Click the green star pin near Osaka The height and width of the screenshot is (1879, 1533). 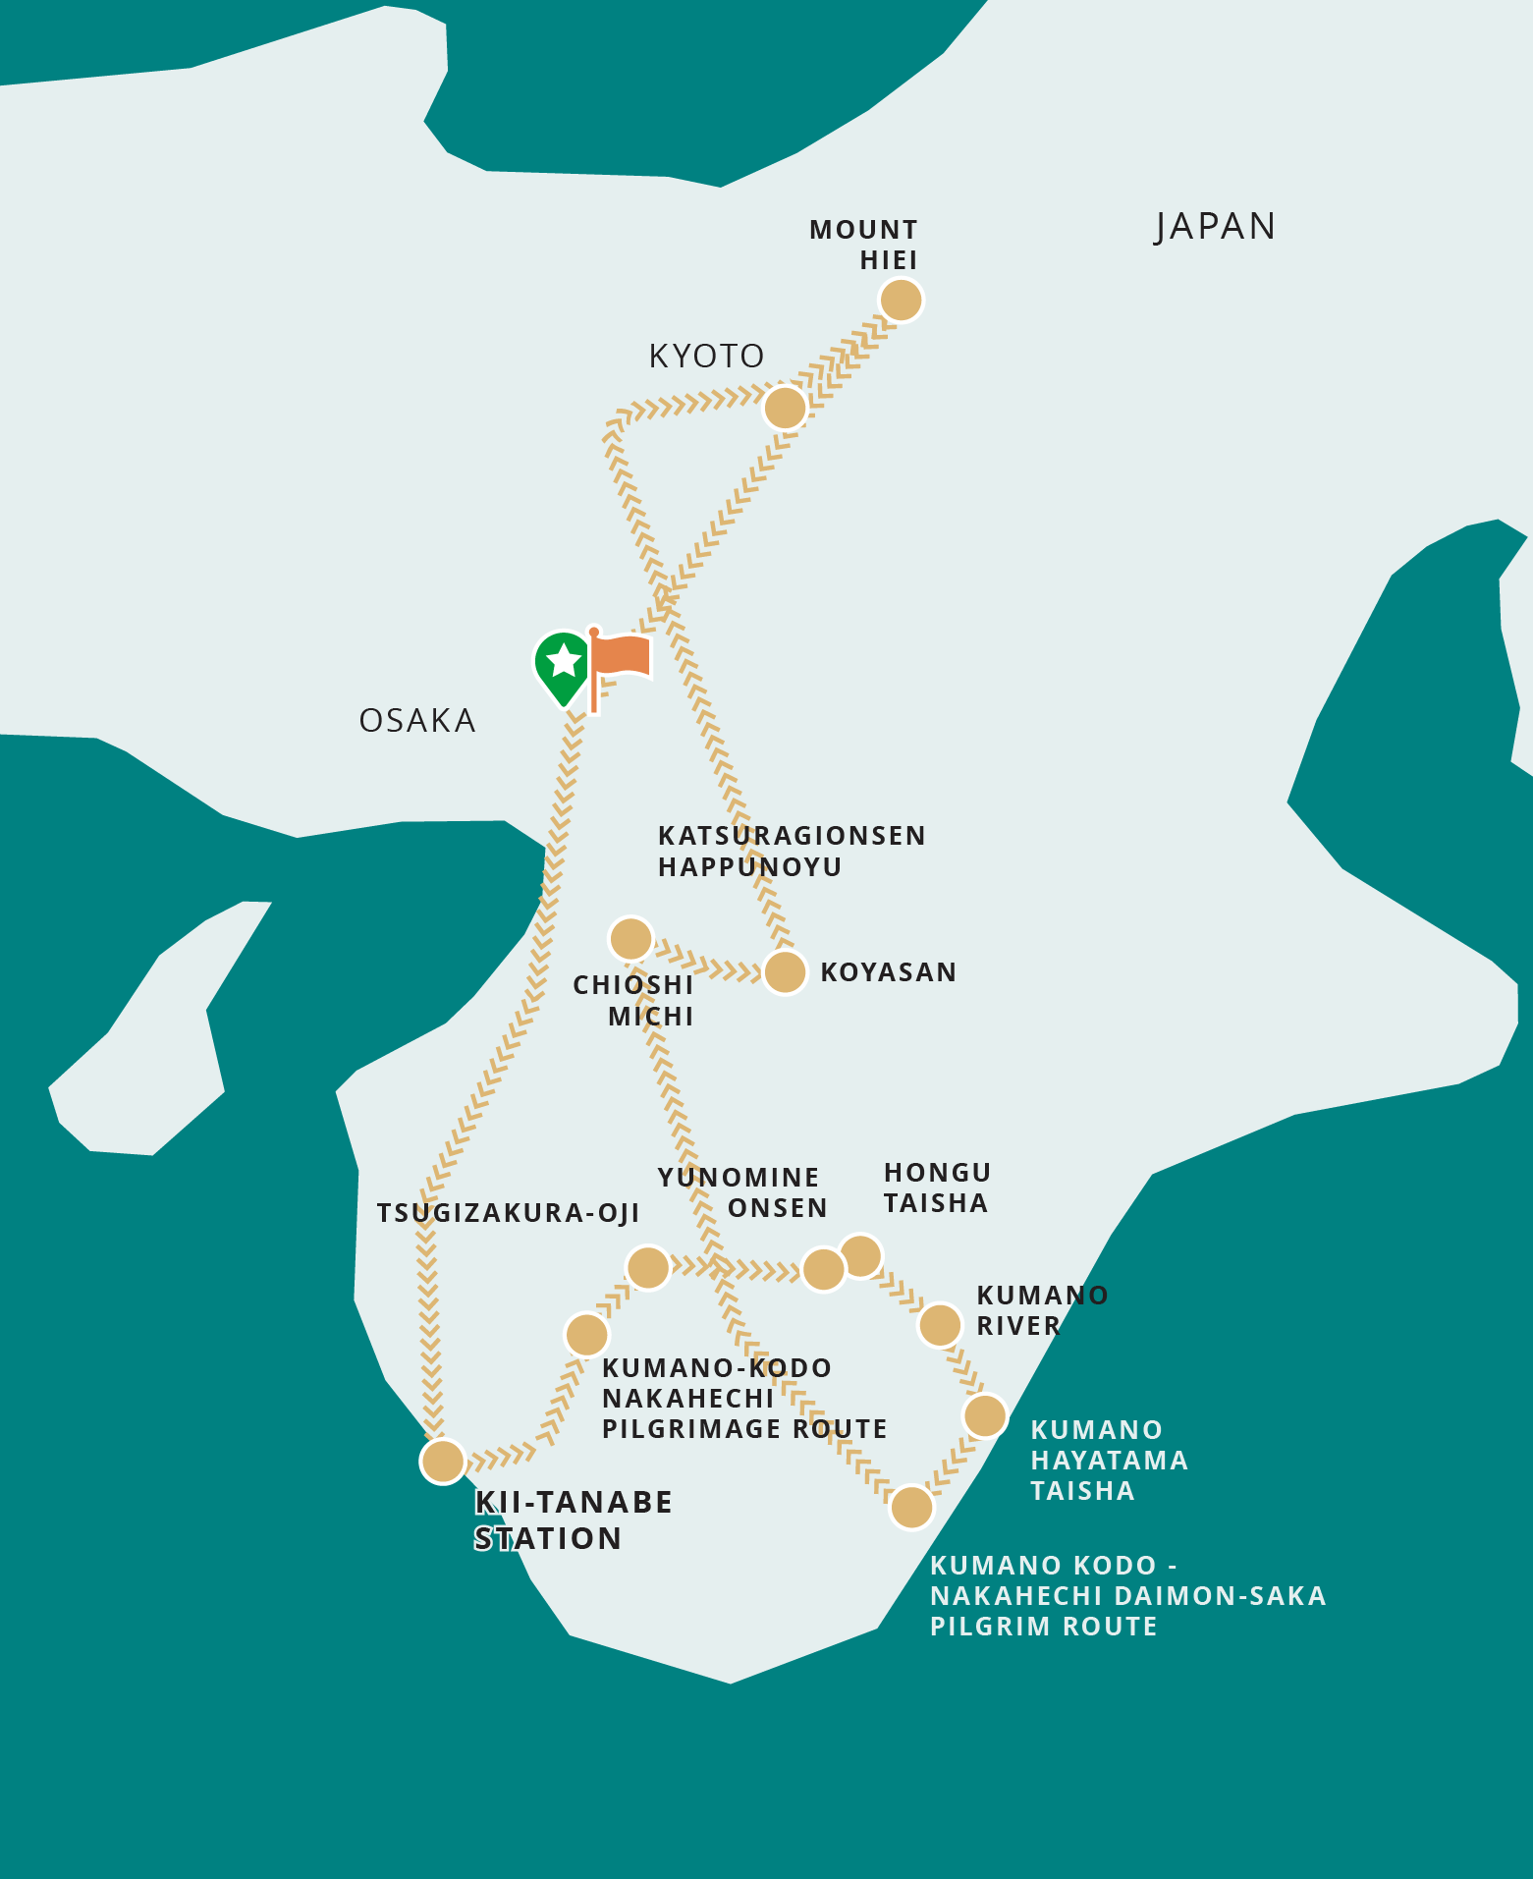[x=564, y=664]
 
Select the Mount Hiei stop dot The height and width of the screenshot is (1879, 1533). [x=901, y=300]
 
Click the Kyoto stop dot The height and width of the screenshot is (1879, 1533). [x=785, y=407]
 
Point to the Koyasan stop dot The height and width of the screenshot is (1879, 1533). [x=785, y=972]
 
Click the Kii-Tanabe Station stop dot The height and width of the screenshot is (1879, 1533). [x=443, y=1461]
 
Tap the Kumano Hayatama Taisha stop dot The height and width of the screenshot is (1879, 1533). [x=985, y=1415]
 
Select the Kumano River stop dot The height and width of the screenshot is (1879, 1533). [x=940, y=1325]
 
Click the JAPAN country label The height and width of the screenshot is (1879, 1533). [x=1215, y=227]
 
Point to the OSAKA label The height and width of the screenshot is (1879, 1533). [x=417, y=721]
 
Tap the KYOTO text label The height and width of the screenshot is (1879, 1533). [x=706, y=356]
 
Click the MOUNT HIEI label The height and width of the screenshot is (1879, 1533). [x=864, y=245]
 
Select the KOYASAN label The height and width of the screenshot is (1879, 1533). [x=888, y=972]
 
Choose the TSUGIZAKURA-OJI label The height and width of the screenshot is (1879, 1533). [x=509, y=1213]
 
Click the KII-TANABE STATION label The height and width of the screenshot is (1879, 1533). [x=573, y=1520]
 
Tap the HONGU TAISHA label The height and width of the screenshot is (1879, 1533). [x=937, y=1188]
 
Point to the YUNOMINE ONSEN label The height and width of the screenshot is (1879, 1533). [x=742, y=1192]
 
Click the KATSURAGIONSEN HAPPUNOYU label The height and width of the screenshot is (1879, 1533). [x=792, y=851]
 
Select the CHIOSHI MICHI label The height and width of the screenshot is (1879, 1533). [x=634, y=1000]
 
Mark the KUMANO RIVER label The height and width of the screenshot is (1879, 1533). [x=1042, y=1310]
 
